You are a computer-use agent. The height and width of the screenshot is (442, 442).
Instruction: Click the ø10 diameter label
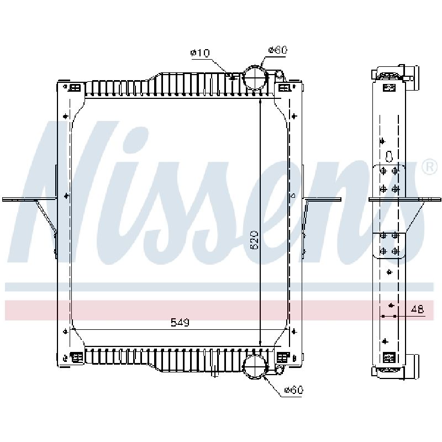click(x=200, y=52)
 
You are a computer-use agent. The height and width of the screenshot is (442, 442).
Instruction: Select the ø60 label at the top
click(x=278, y=50)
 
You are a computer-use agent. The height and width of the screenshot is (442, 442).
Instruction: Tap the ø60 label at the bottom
click(x=293, y=390)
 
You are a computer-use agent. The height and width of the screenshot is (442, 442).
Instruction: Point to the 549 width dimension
click(x=180, y=322)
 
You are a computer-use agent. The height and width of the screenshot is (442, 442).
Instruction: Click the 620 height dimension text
click(x=254, y=240)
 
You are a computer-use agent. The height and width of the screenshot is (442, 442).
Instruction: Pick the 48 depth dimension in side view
click(x=417, y=309)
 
